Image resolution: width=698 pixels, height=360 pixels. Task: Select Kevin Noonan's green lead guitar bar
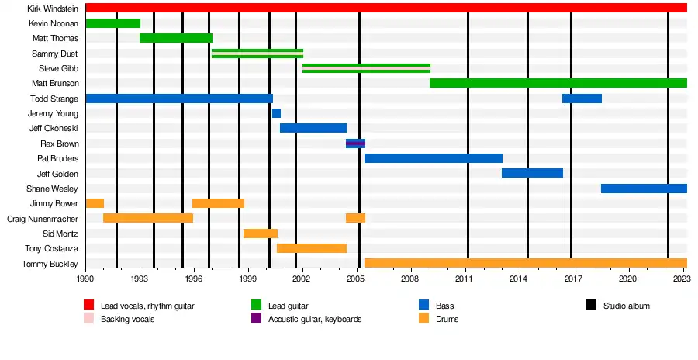112,23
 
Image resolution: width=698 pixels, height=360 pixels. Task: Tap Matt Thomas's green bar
176,38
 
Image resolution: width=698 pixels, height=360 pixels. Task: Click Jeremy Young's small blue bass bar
276,113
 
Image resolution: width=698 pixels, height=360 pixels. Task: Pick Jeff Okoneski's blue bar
313,128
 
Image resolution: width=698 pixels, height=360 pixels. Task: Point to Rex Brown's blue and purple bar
355,144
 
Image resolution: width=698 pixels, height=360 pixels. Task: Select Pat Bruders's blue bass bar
433,158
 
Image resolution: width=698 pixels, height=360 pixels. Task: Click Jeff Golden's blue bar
532,173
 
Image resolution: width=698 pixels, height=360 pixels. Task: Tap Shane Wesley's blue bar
644,189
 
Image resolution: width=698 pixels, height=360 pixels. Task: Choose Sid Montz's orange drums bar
261,234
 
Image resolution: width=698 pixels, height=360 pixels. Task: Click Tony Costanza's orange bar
312,248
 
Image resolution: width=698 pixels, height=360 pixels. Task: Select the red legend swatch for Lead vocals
88,306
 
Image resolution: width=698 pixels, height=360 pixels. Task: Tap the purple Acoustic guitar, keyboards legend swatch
256,319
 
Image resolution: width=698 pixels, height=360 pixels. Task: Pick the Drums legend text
447,319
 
